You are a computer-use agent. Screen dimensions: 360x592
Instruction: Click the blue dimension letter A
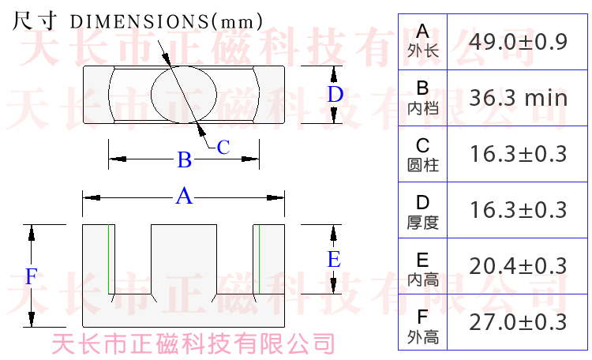[x=184, y=196]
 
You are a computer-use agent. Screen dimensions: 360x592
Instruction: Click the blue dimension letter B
[x=184, y=160]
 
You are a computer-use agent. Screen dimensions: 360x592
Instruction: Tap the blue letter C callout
[x=223, y=148]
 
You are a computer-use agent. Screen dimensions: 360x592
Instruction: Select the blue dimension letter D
[x=335, y=95]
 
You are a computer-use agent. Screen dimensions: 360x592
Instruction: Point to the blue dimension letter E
[x=334, y=259]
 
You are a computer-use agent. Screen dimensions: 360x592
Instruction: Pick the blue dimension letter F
[x=31, y=276]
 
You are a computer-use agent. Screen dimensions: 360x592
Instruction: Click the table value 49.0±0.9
[x=518, y=42]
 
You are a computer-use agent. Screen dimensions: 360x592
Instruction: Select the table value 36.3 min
[x=518, y=98]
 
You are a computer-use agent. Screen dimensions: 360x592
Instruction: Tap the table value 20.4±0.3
[x=518, y=266]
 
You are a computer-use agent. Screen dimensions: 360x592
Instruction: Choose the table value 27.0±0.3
[x=518, y=322]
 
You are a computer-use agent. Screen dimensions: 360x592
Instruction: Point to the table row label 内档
[x=422, y=109]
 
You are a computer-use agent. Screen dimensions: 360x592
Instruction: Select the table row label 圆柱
[x=422, y=165]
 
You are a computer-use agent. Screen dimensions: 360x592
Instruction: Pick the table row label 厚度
[x=422, y=222]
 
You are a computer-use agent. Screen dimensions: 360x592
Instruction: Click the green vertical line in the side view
[x=259, y=259]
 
